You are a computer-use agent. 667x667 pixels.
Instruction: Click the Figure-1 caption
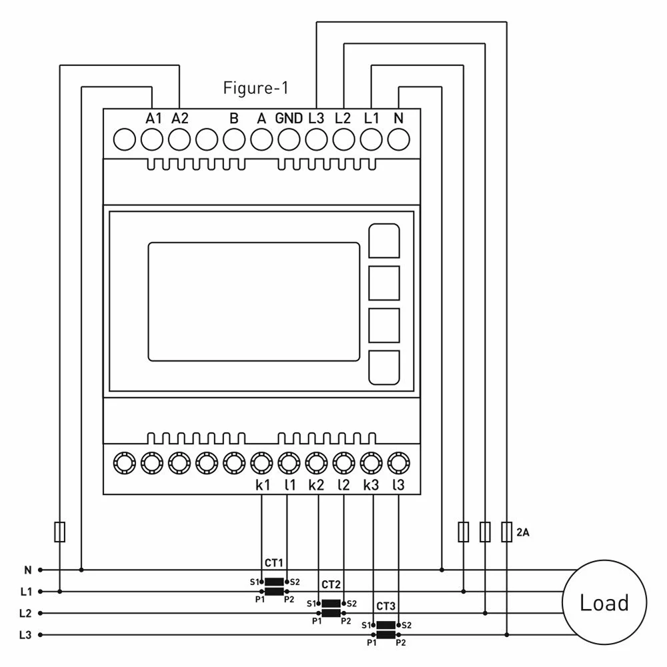(255, 88)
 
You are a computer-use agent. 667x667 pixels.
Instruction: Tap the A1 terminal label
(153, 118)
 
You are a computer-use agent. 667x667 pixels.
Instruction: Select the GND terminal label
(289, 118)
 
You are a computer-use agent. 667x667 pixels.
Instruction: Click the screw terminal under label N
(399, 139)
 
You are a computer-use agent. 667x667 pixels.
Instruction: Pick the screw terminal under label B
(234, 139)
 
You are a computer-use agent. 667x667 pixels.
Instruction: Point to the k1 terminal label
(262, 484)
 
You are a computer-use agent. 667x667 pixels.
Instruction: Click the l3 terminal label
(399, 484)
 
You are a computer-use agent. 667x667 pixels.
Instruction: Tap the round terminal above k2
(316, 463)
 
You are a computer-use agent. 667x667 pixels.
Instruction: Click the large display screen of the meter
(254, 302)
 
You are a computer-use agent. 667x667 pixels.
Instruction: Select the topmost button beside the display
(384, 241)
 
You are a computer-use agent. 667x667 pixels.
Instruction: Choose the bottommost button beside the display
(384, 368)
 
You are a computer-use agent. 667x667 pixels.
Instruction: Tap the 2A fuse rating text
(523, 532)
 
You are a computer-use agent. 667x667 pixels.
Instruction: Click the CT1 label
(273, 563)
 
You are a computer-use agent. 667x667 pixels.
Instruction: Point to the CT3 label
(386, 606)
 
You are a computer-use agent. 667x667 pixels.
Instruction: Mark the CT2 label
(331, 584)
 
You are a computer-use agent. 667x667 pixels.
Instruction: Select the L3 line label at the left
(25, 635)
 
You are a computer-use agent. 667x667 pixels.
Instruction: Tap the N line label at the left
(28, 570)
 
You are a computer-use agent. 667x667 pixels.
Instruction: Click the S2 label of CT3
(407, 626)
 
